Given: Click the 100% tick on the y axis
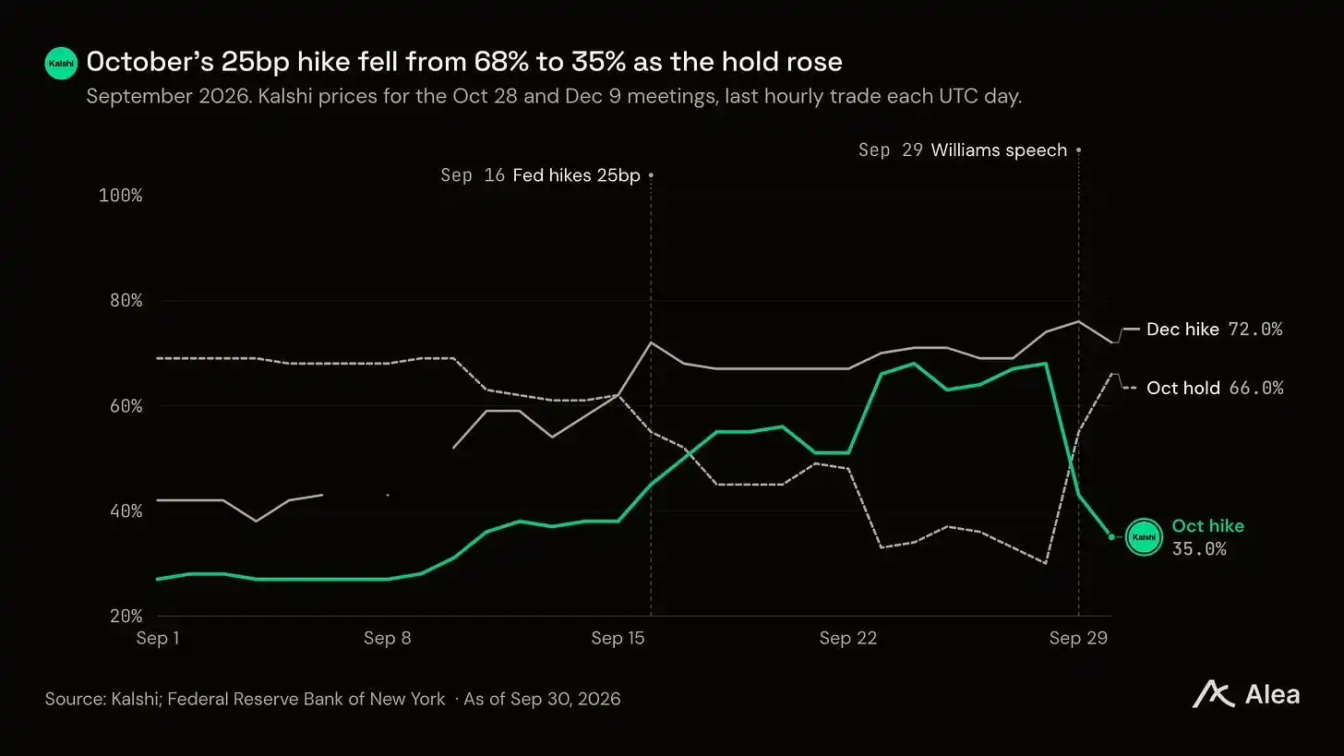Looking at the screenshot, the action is click(121, 196).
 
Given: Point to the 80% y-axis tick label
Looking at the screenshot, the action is click(126, 301).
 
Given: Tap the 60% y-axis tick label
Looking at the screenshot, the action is click(126, 406).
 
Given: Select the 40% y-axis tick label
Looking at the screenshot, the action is click(126, 511).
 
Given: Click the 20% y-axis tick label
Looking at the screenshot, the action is click(126, 617).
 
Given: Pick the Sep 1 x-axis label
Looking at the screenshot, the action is click(158, 638).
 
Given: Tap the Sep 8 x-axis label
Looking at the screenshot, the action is click(388, 638).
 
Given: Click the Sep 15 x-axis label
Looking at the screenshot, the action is click(618, 638).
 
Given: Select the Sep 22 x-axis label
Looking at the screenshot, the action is click(848, 638).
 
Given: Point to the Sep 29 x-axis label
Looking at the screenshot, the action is click(1078, 638).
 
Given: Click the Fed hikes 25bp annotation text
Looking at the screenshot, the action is click(577, 175).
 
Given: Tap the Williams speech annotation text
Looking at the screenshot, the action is click(999, 150).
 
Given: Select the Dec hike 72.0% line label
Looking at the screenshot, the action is click(1215, 330).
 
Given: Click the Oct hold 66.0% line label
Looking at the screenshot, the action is click(1215, 389).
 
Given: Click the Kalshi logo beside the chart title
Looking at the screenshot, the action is click(61, 63).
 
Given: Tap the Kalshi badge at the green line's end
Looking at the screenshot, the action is click(1144, 537).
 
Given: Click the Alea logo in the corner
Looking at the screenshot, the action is click(1245, 695).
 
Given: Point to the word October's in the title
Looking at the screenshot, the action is click(150, 62).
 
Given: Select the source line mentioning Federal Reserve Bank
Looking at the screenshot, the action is click(332, 699).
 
